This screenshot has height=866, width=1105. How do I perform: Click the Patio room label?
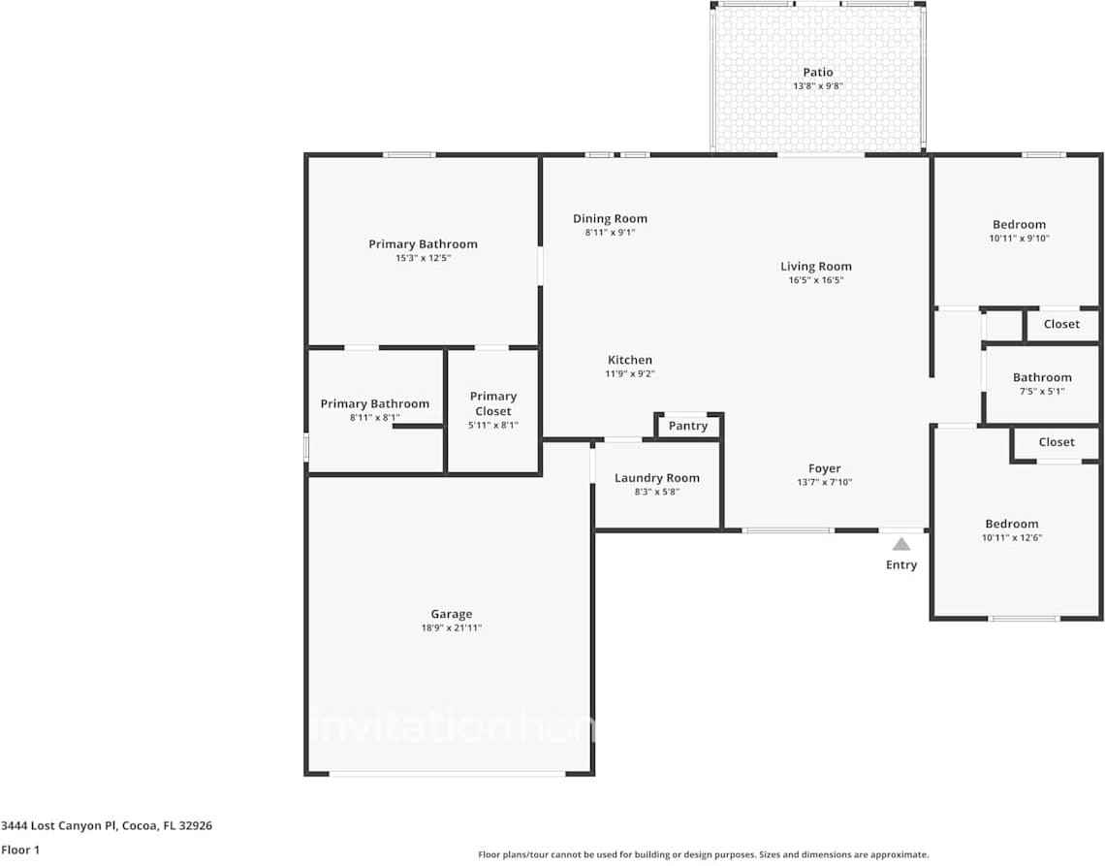click(x=817, y=72)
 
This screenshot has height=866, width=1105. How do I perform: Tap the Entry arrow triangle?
click(x=901, y=544)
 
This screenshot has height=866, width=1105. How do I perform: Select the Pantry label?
click(x=688, y=426)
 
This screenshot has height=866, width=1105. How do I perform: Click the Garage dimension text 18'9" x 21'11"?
click(x=451, y=628)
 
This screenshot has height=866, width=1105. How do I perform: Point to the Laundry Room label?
click(x=656, y=478)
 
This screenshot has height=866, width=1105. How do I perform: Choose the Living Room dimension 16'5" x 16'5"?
click(x=816, y=280)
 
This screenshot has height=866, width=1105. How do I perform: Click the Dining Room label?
click(x=610, y=218)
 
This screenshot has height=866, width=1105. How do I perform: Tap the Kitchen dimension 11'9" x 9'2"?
click(x=629, y=373)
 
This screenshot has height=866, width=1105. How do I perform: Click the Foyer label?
click(x=825, y=468)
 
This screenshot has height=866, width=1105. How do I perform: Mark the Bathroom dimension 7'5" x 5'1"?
click(x=1042, y=391)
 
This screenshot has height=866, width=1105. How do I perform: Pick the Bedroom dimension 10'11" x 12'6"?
click(x=1012, y=537)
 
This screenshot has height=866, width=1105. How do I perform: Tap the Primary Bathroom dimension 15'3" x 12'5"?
click(x=423, y=258)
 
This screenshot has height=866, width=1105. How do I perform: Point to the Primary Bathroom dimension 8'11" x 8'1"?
click(x=374, y=417)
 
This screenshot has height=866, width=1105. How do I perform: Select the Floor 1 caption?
click(x=19, y=850)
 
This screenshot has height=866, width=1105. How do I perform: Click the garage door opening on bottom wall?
click(x=447, y=773)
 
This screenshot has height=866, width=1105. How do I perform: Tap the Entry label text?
click(x=901, y=564)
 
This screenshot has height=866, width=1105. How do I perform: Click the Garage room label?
click(x=451, y=614)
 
